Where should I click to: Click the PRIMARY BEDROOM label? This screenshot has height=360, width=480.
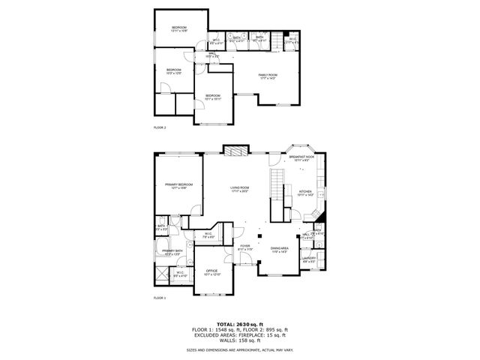point(178,184)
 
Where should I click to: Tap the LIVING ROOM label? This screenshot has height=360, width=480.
point(239,188)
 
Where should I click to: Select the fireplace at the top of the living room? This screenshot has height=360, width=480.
point(236,150)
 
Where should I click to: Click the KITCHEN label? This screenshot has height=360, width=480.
point(305,192)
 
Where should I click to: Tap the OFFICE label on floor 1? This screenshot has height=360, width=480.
point(212,271)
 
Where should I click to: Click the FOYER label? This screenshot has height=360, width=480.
point(244,246)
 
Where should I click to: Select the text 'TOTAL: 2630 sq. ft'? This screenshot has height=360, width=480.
point(239,324)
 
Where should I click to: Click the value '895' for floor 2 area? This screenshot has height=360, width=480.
point(265,330)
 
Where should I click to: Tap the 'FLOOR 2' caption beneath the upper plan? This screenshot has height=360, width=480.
point(160,127)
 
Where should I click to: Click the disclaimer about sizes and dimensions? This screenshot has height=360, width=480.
point(239,349)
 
